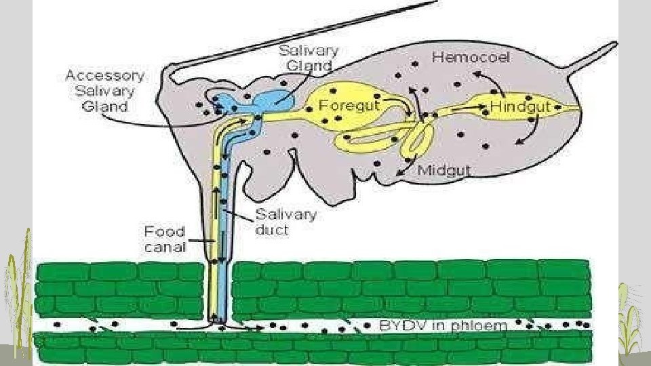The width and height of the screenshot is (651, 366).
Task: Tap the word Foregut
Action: pyautogui.click(x=349, y=106)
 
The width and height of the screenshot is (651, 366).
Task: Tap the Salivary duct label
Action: pyautogui.click(x=285, y=222)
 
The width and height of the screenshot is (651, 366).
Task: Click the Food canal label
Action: pyautogui.click(x=165, y=239)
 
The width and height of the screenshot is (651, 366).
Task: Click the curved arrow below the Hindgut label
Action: pyautogui.click(x=529, y=131)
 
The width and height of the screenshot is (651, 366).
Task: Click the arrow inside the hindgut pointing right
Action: pyautogui.click(x=468, y=107)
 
